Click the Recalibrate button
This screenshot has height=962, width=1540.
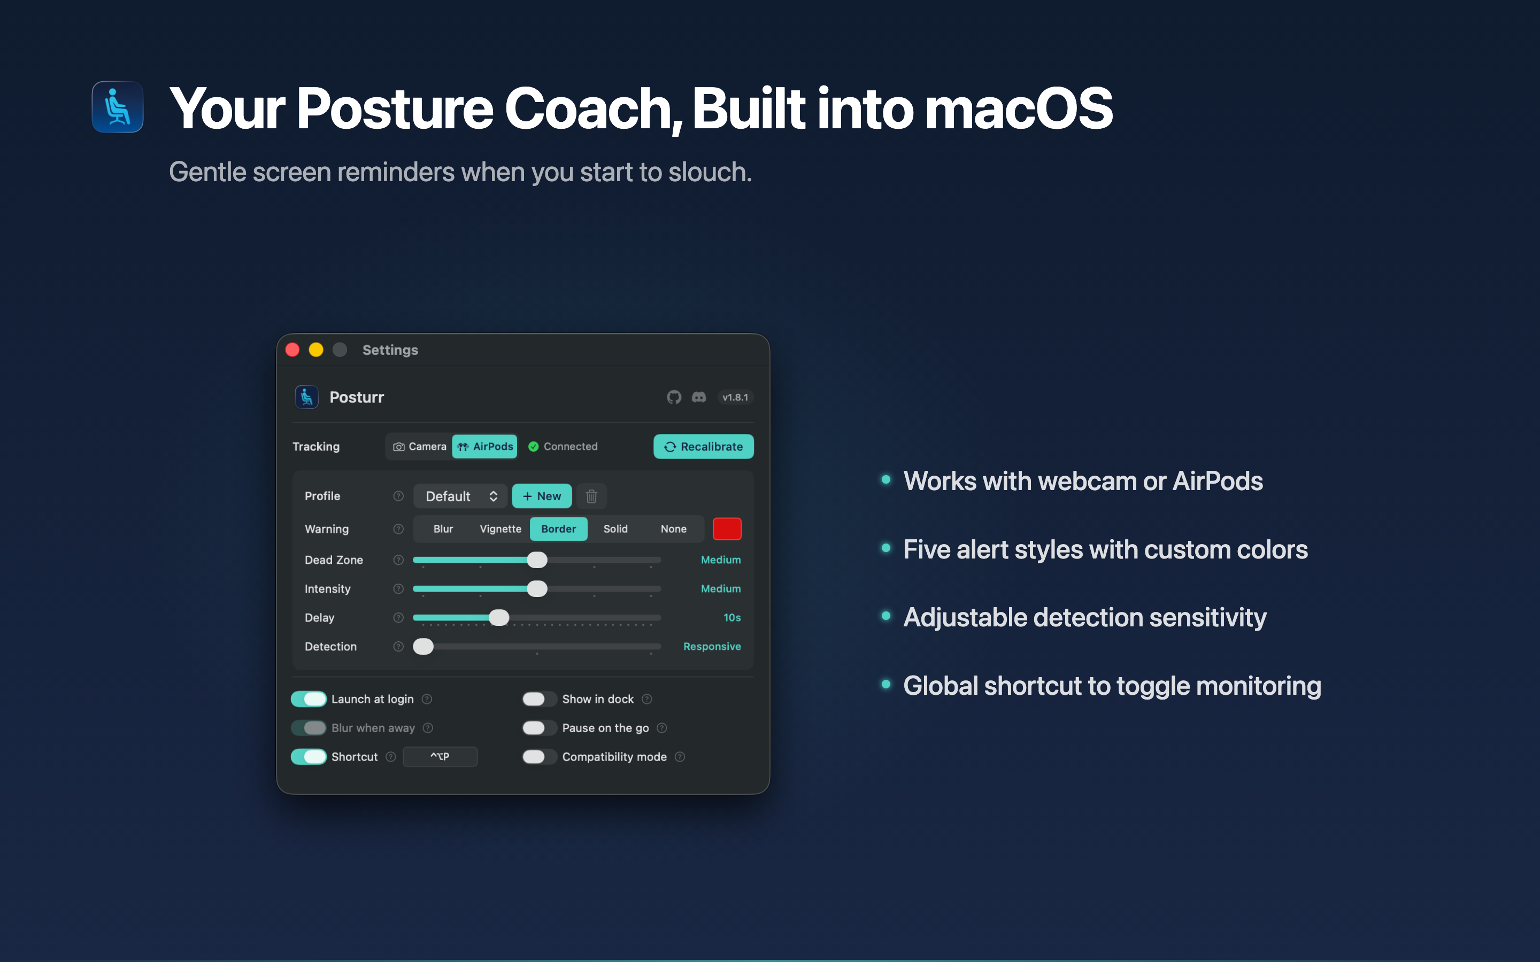click(703, 447)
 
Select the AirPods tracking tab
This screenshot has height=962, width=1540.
click(485, 447)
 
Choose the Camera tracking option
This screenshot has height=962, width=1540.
click(420, 447)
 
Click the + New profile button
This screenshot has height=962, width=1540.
click(542, 496)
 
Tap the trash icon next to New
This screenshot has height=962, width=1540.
click(591, 496)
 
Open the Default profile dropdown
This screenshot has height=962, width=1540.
click(460, 496)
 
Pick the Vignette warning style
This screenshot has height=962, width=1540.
click(500, 529)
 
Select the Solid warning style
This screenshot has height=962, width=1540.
click(615, 529)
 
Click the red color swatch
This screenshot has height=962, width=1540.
click(727, 529)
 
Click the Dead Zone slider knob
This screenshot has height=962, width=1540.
click(537, 560)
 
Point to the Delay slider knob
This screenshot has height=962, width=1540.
click(499, 618)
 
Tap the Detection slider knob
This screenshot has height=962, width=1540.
click(423, 647)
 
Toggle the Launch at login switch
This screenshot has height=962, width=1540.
click(309, 699)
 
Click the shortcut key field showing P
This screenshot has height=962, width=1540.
click(440, 756)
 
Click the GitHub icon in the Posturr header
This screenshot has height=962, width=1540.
click(674, 397)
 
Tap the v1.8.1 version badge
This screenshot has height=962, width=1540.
click(735, 397)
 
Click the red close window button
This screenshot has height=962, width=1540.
click(292, 350)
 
